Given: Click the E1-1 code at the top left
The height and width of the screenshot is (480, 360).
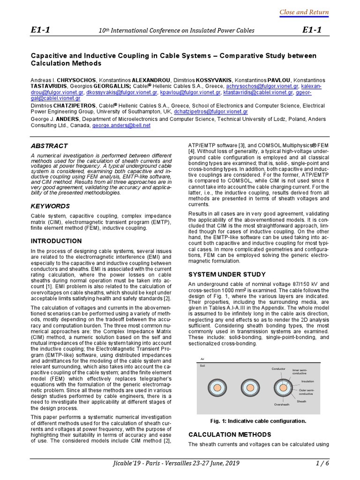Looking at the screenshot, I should pos(40,30).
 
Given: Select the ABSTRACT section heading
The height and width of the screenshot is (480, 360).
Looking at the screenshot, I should pos(49,146).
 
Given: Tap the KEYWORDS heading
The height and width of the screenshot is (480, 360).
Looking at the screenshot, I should pos(50,206).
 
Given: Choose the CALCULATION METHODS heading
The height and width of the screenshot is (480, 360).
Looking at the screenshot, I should pos(229,434).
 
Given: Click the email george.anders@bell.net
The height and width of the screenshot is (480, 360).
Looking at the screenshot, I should pos(121,126).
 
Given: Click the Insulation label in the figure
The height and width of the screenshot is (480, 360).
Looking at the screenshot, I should pos(307,381).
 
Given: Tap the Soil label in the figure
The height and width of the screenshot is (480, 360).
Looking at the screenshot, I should pos(203,365).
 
